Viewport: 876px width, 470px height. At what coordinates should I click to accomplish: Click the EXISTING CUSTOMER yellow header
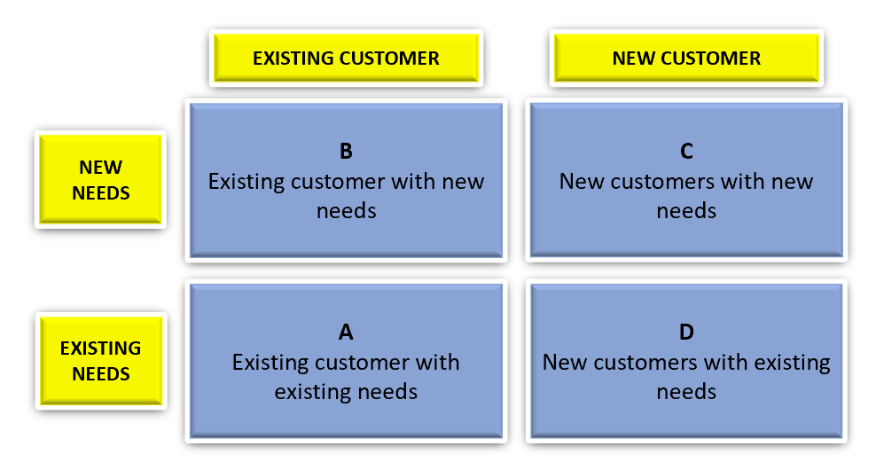tap(346, 59)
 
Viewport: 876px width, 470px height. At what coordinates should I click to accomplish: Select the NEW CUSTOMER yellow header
tap(686, 59)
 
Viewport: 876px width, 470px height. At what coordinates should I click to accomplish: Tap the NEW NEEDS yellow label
tap(100, 179)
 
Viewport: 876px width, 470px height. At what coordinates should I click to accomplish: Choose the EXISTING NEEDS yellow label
tap(101, 360)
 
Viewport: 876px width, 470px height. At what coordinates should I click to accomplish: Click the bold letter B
tap(346, 151)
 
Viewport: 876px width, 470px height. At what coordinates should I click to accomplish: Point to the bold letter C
tap(686, 151)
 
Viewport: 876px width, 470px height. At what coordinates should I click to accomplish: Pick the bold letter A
tap(346, 332)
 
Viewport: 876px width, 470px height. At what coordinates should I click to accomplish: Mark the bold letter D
tap(686, 332)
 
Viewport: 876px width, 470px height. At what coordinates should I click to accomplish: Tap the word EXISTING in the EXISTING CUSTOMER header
tap(293, 59)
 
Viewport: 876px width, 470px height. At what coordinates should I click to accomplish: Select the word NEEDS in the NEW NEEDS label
tap(101, 192)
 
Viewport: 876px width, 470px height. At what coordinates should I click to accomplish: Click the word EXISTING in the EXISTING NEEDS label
tap(100, 349)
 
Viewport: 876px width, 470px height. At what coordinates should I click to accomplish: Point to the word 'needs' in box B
tap(347, 211)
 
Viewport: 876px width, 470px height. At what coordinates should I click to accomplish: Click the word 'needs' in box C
tap(686, 211)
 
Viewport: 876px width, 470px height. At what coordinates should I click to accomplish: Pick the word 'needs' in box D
tap(686, 392)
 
